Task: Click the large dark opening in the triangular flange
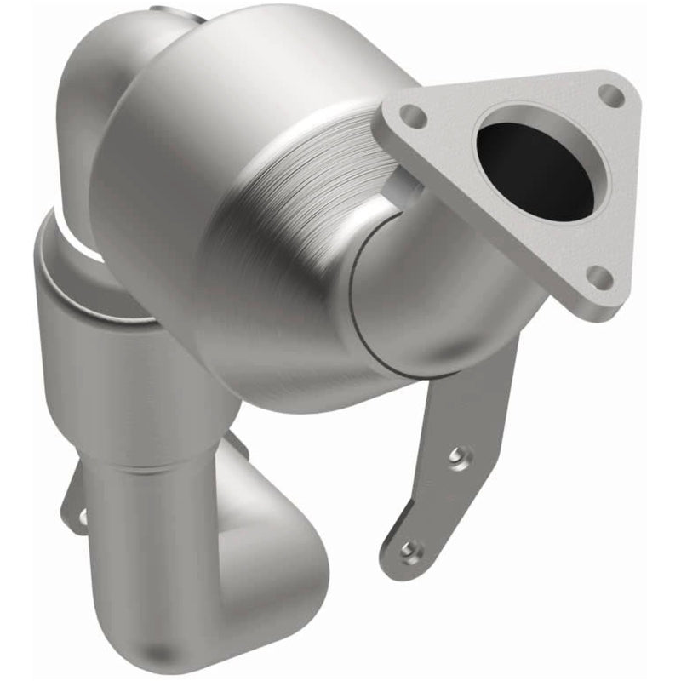[535, 170]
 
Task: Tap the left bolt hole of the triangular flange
[413, 114]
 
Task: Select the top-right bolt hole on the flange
[609, 94]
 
